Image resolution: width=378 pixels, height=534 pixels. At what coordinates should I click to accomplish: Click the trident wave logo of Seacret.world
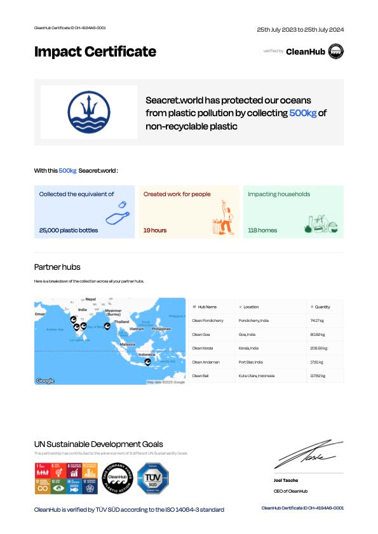tap(89, 112)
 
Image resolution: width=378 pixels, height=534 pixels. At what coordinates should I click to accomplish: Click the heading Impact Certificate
tap(95, 52)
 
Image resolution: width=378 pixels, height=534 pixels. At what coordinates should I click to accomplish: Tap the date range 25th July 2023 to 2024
tap(300, 29)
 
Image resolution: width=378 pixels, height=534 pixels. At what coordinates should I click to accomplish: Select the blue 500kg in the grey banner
tap(302, 112)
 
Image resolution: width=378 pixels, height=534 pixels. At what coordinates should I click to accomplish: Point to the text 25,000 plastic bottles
tap(69, 230)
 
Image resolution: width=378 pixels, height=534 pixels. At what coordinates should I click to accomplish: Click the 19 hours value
tap(155, 230)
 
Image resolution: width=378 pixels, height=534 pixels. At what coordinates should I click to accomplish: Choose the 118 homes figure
tap(262, 230)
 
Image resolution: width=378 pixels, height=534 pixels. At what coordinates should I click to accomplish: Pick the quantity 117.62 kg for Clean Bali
tap(317, 376)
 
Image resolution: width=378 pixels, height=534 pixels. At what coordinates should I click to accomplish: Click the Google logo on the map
tap(45, 380)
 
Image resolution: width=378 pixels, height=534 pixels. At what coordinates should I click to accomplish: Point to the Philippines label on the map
tap(161, 329)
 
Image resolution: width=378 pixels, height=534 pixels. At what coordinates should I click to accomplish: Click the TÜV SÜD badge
tap(153, 478)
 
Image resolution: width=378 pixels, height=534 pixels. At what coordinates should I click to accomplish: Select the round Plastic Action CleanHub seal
tap(117, 478)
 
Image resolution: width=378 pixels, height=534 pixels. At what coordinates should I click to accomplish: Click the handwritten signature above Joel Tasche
tap(309, 455)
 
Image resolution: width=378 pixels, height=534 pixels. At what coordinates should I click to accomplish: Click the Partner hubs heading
tap(57, 267)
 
